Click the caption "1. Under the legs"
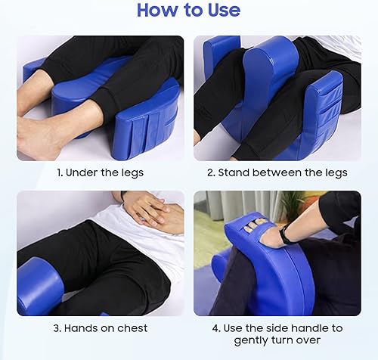(x=101, y=172)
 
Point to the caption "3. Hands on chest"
(x=101, y=327)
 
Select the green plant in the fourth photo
(x=291, y=204)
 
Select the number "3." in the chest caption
(x=57, y=327)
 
